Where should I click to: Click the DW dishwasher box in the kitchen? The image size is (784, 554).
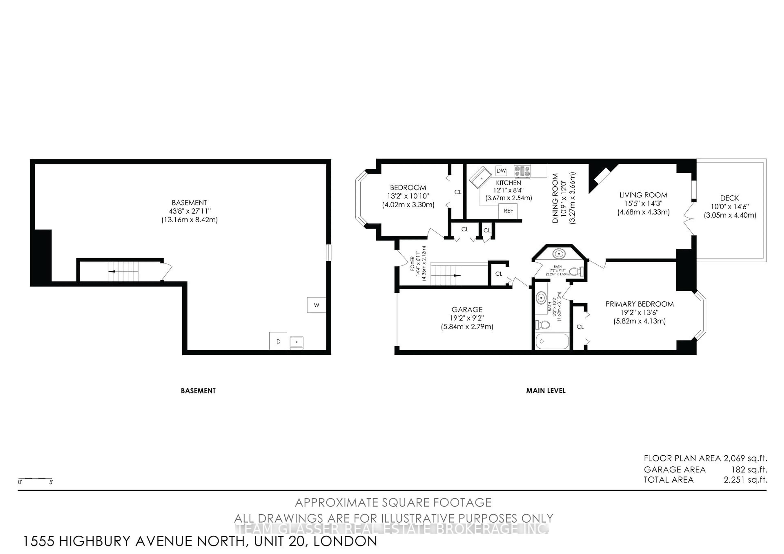coord(501,171)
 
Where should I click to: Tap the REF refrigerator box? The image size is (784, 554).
coord(508,211)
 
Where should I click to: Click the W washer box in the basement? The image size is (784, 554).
coord(316,305)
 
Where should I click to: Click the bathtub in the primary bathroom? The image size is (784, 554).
coord(552,341)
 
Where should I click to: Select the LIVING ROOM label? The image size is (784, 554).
coord(643,195)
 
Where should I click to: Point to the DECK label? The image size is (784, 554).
coord(729,198)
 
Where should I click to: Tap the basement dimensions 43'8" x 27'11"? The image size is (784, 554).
coord(189,211)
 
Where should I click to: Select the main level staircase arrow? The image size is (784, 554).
coord(457,275)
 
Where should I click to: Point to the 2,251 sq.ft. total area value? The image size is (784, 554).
coord(745,479)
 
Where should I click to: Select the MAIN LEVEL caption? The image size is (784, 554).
coord(546,390)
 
